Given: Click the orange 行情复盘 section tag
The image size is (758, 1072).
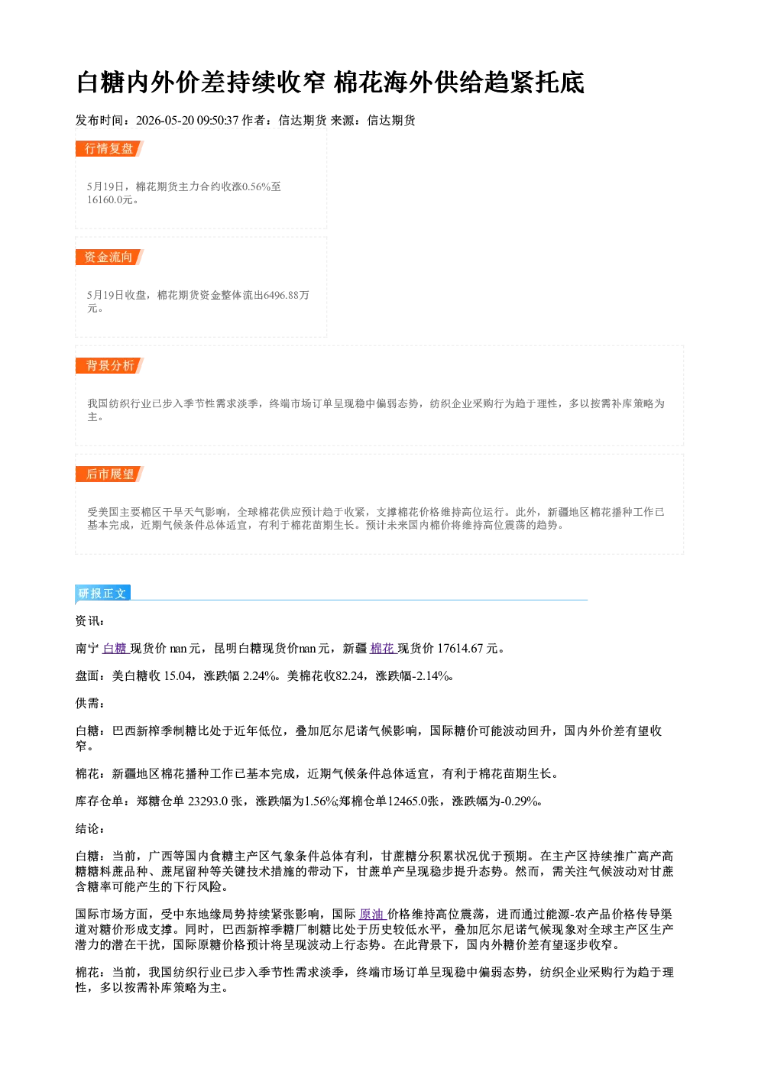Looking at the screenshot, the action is [x=109, y=148].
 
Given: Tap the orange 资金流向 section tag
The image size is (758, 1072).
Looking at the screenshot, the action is [x=109, y=257].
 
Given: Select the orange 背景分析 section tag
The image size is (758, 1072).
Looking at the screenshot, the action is [x=109, y=366].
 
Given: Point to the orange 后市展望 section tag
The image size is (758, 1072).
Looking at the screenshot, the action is [x=109, y=474].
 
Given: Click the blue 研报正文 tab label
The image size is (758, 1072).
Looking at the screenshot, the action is [x=102, y=594].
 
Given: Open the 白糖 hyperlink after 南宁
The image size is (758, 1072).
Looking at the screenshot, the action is [x=115, y=649].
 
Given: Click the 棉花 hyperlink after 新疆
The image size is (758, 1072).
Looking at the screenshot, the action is [x=382, y=649].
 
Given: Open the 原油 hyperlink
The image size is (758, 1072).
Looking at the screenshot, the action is [x=372, y=915].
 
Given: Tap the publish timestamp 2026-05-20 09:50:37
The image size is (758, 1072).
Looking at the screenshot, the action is [x=187, y=120].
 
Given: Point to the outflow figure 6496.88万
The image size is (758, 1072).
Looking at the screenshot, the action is [x=287, y=295].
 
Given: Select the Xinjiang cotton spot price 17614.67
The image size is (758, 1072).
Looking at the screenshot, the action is [x=460, y=649].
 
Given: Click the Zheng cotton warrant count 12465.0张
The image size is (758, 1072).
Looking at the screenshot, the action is [x=413, y=801].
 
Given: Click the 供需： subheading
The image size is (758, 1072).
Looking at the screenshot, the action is [x=90, y=703].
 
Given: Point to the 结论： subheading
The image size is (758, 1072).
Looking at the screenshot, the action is [x=90, y=828].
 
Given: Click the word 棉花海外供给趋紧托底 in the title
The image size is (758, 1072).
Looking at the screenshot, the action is [x=459, y=83].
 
